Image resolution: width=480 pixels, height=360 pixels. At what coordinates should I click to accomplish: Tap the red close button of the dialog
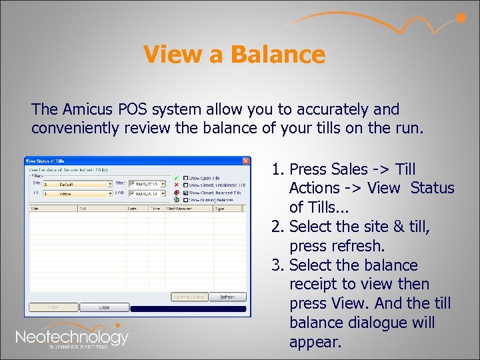point(246,161)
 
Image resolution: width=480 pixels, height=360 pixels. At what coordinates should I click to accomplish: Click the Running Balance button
point(189,297)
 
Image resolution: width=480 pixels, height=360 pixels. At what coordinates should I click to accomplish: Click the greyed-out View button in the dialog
point(52,308)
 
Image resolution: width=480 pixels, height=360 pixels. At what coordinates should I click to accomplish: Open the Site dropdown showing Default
point(111,184)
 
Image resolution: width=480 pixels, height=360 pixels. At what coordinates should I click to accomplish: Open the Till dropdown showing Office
point(111,193)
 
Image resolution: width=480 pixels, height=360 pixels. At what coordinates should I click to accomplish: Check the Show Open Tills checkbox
point(186,179)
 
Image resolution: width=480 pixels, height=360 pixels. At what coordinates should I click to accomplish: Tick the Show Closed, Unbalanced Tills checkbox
point(186,185)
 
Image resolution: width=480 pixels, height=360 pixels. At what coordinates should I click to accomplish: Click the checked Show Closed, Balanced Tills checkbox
point(186,193)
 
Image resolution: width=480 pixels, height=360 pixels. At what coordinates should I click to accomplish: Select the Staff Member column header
point(184,208)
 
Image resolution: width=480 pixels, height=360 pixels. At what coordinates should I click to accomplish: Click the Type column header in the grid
point(219,208)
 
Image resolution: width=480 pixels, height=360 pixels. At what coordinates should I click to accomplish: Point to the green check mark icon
point(175,178)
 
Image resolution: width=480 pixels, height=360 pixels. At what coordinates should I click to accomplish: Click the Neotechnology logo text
point(71,337)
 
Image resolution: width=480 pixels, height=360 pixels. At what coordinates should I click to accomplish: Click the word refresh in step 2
point(355,246)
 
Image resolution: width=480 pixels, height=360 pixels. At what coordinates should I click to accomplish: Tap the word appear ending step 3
point(314,342)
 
